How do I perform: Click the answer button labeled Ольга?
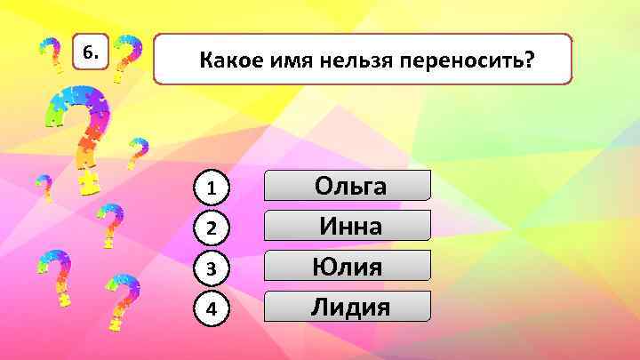tap(348, 186)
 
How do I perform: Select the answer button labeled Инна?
tap(348, 226)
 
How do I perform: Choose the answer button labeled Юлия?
tap(348, 266)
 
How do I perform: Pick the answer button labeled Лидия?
tap(348, 307)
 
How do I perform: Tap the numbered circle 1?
tap(212, 188)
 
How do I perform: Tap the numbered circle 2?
tap(212, 228)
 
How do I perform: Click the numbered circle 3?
tap(212, 268)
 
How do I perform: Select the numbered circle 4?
tap(212, 309)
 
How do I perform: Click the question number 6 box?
tap(90, 53)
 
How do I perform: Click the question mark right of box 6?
tap(130, 58)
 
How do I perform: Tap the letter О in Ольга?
tap(325, 186)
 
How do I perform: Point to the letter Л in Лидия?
tap(320, 308)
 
